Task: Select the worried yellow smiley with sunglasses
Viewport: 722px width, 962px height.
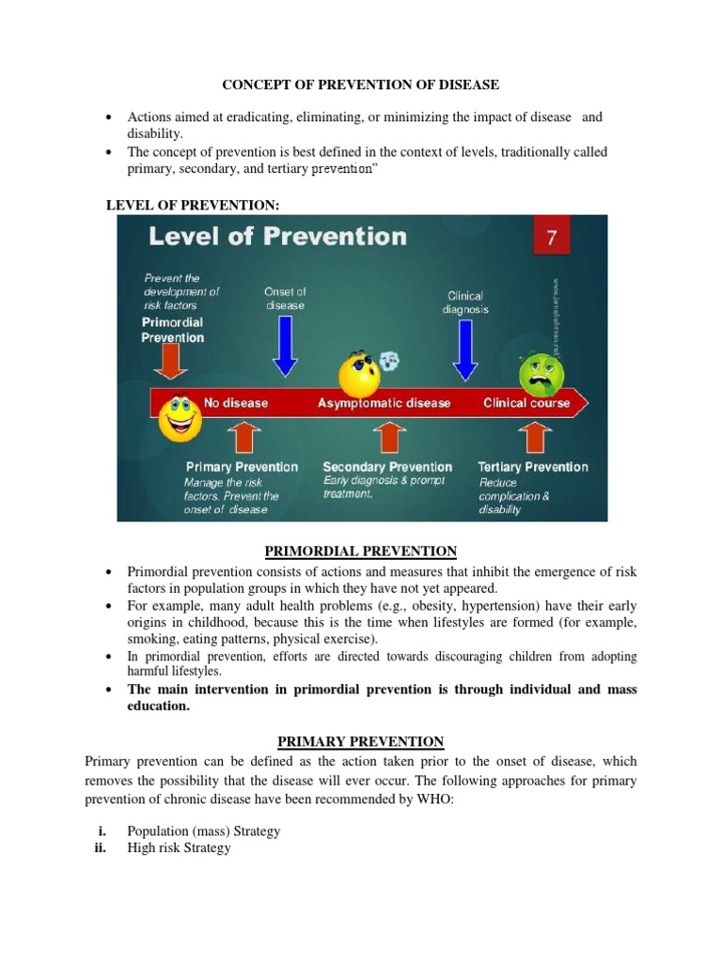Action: coord(361,372)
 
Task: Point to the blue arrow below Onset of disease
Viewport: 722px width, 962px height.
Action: coord(284,349)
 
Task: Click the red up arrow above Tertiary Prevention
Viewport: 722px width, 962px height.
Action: coord(532,438)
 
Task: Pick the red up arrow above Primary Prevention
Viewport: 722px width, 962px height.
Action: coord(242,438)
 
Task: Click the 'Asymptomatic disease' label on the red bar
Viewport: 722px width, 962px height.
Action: coord(384,403)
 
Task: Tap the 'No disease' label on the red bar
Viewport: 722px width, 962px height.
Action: coord(229,403)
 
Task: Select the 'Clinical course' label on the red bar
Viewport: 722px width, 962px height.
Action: coord(526,403)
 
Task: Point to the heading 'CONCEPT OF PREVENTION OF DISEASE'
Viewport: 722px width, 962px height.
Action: coord(360,85)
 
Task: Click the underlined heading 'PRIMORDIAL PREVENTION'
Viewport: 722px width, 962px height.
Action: coord(360,551)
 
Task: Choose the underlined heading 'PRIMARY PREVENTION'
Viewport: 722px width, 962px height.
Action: coord(360,742)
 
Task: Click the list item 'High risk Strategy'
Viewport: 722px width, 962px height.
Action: coord(179,847)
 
